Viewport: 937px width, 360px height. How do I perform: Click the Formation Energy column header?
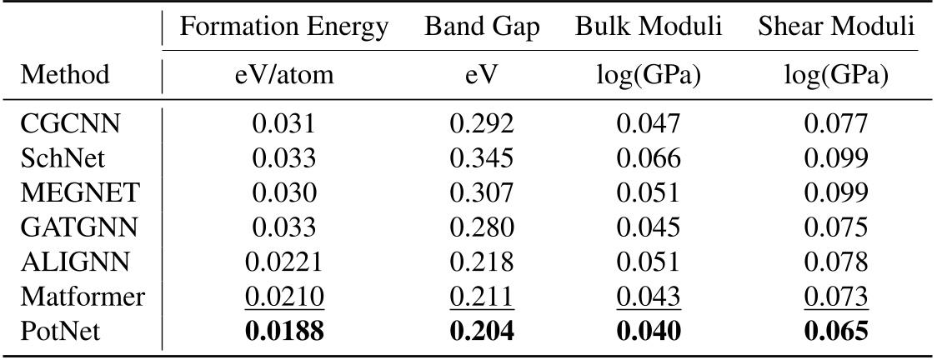(x=284, y=27)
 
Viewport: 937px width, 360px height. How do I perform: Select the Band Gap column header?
(x=482, y=27)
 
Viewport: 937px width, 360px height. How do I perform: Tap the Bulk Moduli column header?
(x=649, y=27)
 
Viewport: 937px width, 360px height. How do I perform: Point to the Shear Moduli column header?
(x=837, y=27)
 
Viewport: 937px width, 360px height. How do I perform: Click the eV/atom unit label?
(x=284, y=75)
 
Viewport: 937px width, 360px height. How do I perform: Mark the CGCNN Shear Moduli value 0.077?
(x=837, y=127)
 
